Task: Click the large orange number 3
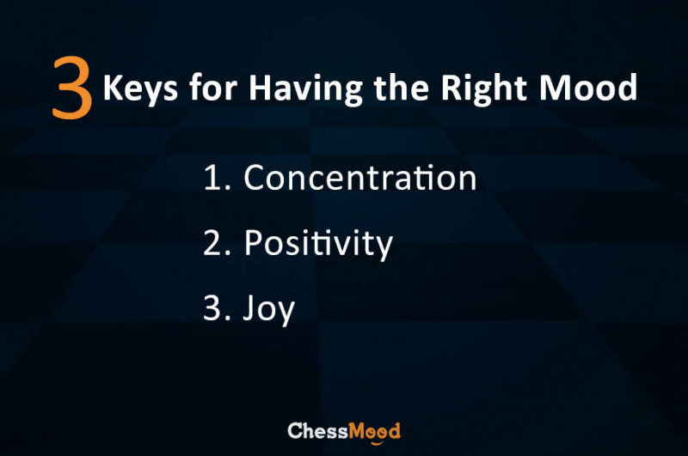[72, 88]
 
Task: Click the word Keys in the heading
[140, 89]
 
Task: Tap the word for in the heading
[213, 87]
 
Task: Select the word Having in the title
[306, 89]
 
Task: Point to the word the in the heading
[401, 87]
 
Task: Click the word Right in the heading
[483, 89]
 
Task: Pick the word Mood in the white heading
[588, 88]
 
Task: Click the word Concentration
[360, 178]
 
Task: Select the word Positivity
[318, 244]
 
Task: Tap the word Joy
[268, 309]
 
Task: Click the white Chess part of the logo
[317, 431]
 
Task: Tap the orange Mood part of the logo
[374, 432]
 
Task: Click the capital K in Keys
[114, 88]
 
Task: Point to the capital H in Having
[261, 88]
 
